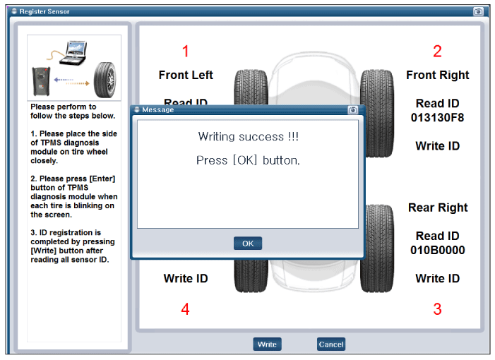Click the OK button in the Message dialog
pyautogui.click(x=248, y=244)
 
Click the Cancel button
pyautogui.click(x=331, y=344)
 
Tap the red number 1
pyautogui.click(x=186, y=51)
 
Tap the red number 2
pyautogui.click(x=437, y=51)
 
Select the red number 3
pyautogui.click(x=437, y=309)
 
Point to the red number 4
pyautogui.click(x=185, y=309)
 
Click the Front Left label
pyautogui.click(x=186, y=75)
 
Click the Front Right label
pyautogui.click(x=438, y=75)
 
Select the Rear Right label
pyautogui.click(x=438, y=208)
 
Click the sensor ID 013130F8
pyautogui.click(x=437, y=118)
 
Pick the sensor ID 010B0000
pyautogui.click(x=438, y=250)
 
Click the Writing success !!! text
pyautogui.click(x=248, y=137)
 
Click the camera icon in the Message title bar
pyautogui.click(x=352, y=110)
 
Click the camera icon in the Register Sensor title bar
pyautogui.click(x=478, y=12)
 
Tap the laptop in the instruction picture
pyautogui.click(x=73, y=53)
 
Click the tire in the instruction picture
pyautogui.click(x=105, y=80)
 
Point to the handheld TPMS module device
pyautogui.click(x=41, y=82)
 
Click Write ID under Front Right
pyautogui.click(x=438, y=146)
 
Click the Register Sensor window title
pyautogui.click(x=44, y=12)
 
